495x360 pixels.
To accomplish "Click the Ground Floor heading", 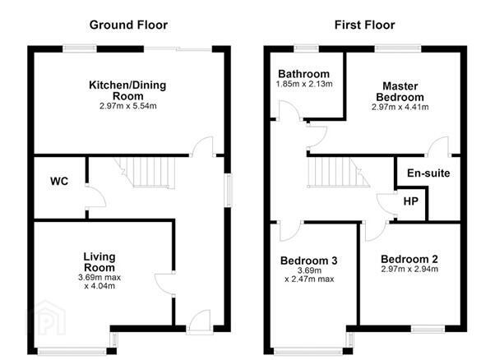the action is [x=128, y=25].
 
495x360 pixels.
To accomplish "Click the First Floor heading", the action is [x=364, y=25].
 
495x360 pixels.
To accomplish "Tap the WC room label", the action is [x=59, y=182].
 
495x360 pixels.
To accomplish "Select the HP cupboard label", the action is [x=410, y=201].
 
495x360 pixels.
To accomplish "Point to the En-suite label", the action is [x=428, y=173].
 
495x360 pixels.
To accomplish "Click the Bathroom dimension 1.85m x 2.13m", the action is [x=304, y=84].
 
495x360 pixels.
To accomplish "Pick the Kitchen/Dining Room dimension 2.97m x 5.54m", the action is [x=127, y=106].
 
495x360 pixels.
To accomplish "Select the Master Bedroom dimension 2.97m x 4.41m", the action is [x=400, y=107].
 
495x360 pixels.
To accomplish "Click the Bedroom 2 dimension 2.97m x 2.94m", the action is [x=409, y=269].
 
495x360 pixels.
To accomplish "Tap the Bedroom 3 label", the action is [x=308, y=261].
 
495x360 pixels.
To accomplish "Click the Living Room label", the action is [x=99, y=262].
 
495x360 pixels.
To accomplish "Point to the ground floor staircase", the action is [x=145, y=173].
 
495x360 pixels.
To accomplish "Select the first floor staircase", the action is [x=339, y=173].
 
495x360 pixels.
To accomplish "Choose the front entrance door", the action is [x=200, y=321].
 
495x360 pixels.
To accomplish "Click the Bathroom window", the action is [x=306, y=48].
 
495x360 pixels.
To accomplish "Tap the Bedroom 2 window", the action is [x=428, y=329].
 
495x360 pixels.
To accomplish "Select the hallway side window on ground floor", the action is [x=228, y=190].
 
